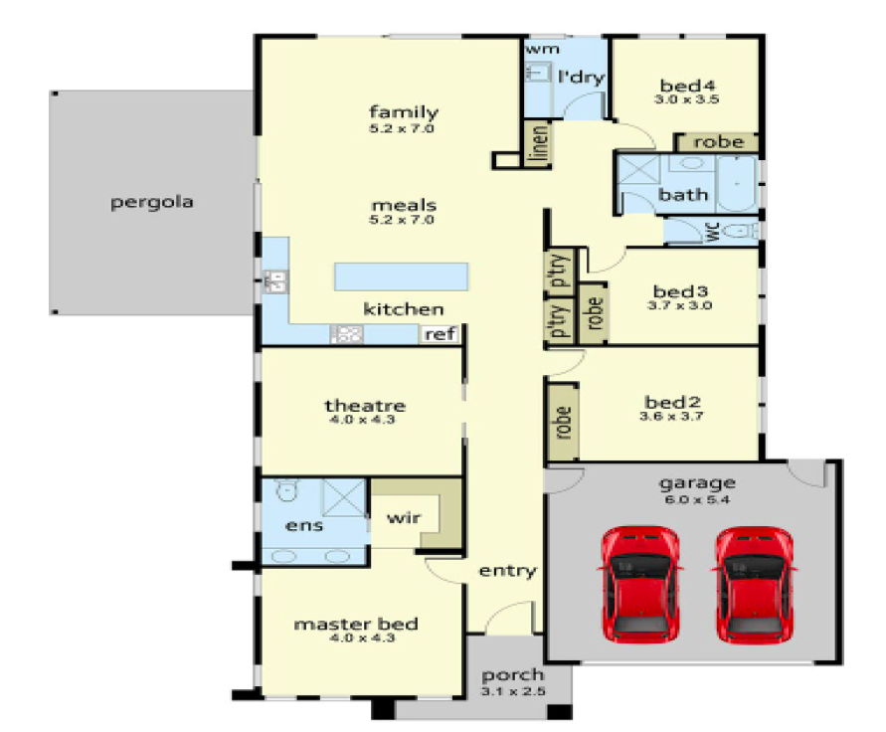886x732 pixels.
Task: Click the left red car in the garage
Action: point(640,583)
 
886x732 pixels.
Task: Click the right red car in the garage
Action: point(754,583)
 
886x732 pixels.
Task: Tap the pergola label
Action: point(152,203)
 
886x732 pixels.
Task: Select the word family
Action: point(404,111)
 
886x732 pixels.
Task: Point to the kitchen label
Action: point(403,309)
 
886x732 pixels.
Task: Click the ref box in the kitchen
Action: point(440,335)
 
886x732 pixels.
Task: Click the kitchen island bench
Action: point(402,275)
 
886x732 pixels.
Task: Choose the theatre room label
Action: point(365,406)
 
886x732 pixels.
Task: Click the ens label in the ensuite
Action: point(304,524)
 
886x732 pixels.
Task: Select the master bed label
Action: point(355,625)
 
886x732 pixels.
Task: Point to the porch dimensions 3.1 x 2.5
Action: point(514,692)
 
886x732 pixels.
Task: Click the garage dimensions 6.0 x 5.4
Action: point(696,500)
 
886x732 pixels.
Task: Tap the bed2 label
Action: point(673,402)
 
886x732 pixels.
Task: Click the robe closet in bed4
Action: point(718,142)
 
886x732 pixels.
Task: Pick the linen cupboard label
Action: point(536,144)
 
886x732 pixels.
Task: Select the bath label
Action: point(684,194)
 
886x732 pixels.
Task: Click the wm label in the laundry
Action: point(540,48)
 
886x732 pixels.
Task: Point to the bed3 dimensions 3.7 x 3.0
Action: point(680,306)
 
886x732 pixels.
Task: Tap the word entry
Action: point(507,571)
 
